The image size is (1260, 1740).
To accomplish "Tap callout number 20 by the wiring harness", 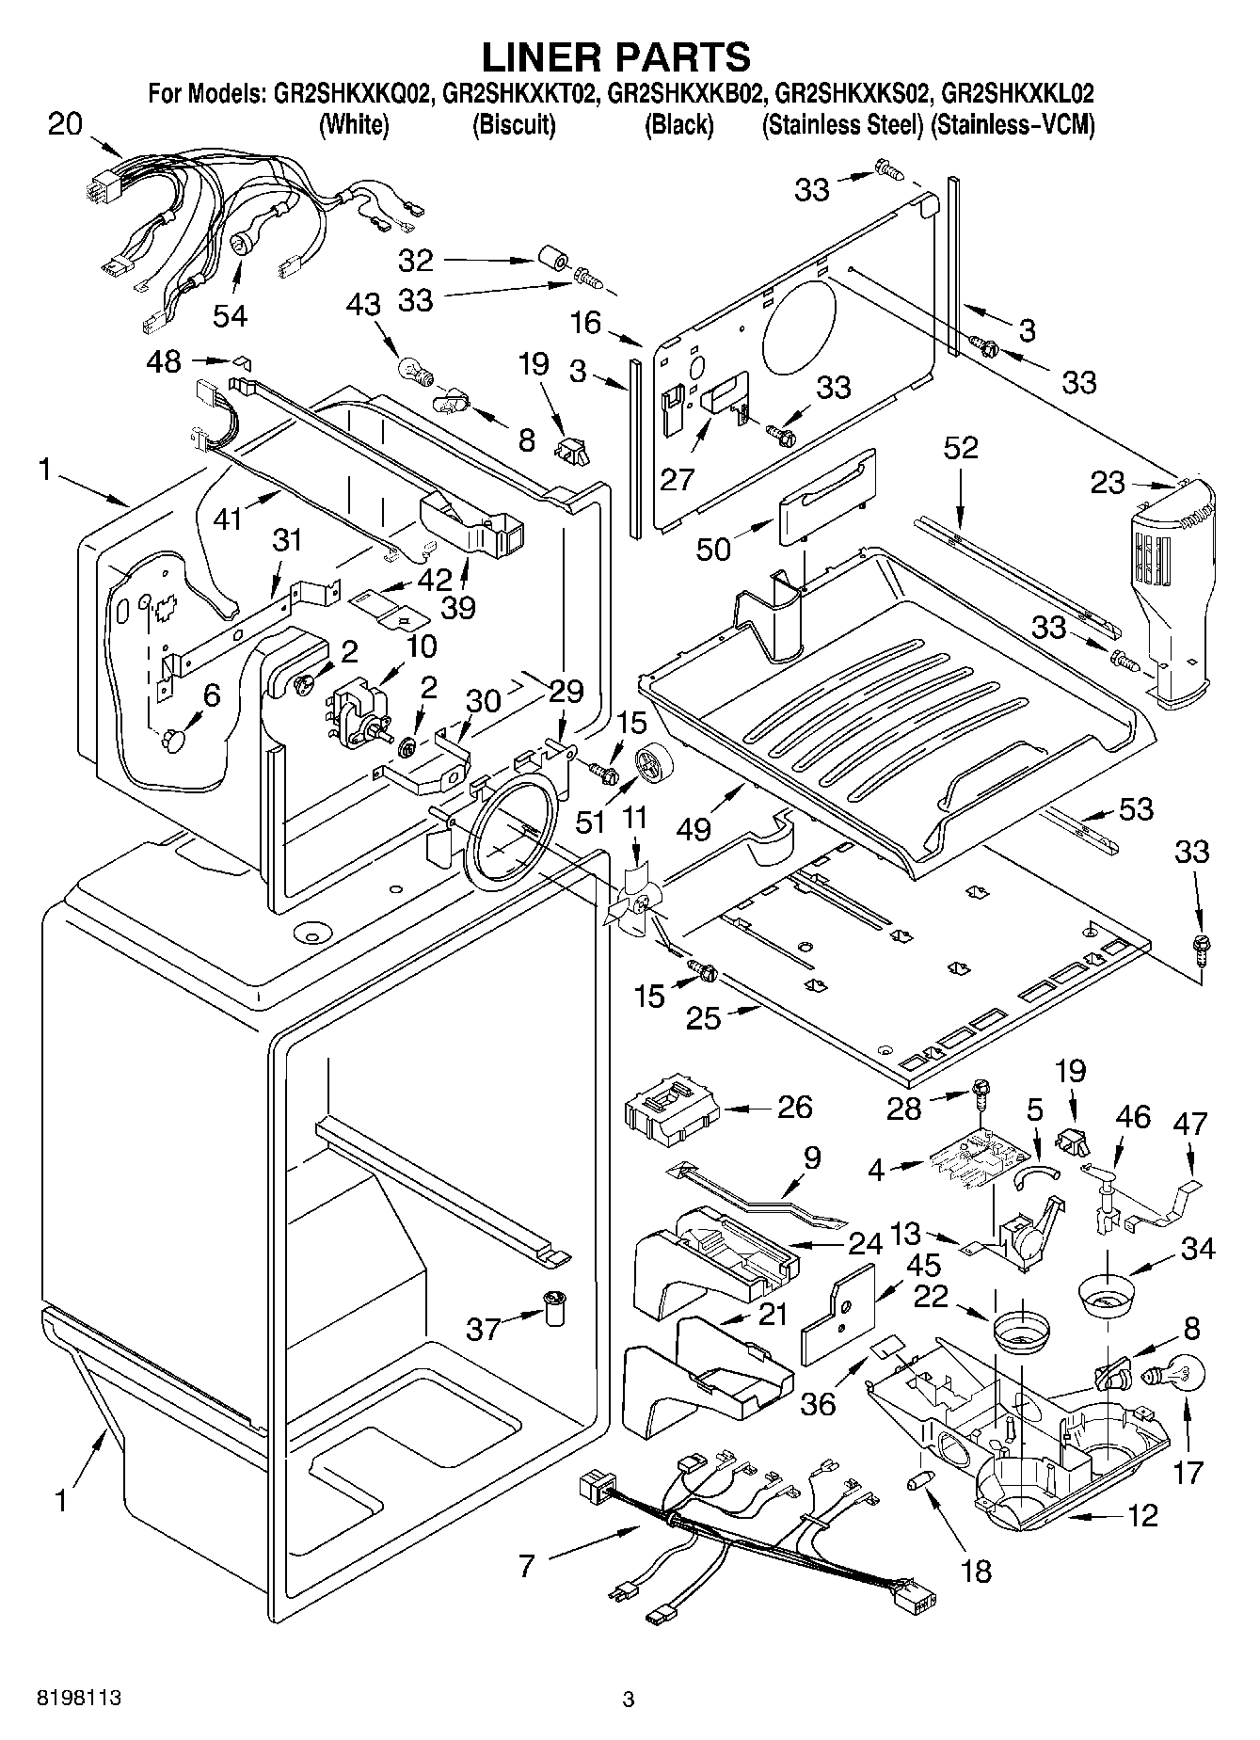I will [x=66, y=124].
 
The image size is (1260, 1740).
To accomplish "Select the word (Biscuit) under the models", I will [x=513, y=124].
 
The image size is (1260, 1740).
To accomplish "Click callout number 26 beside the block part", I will [x=794, y=1107].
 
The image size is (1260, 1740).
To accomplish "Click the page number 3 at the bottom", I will [x=629, y=1700].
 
